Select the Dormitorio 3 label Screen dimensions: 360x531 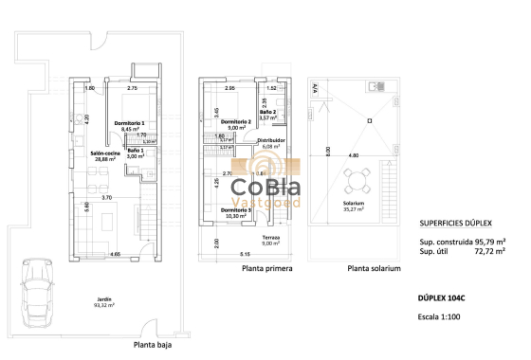point(235,212)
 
